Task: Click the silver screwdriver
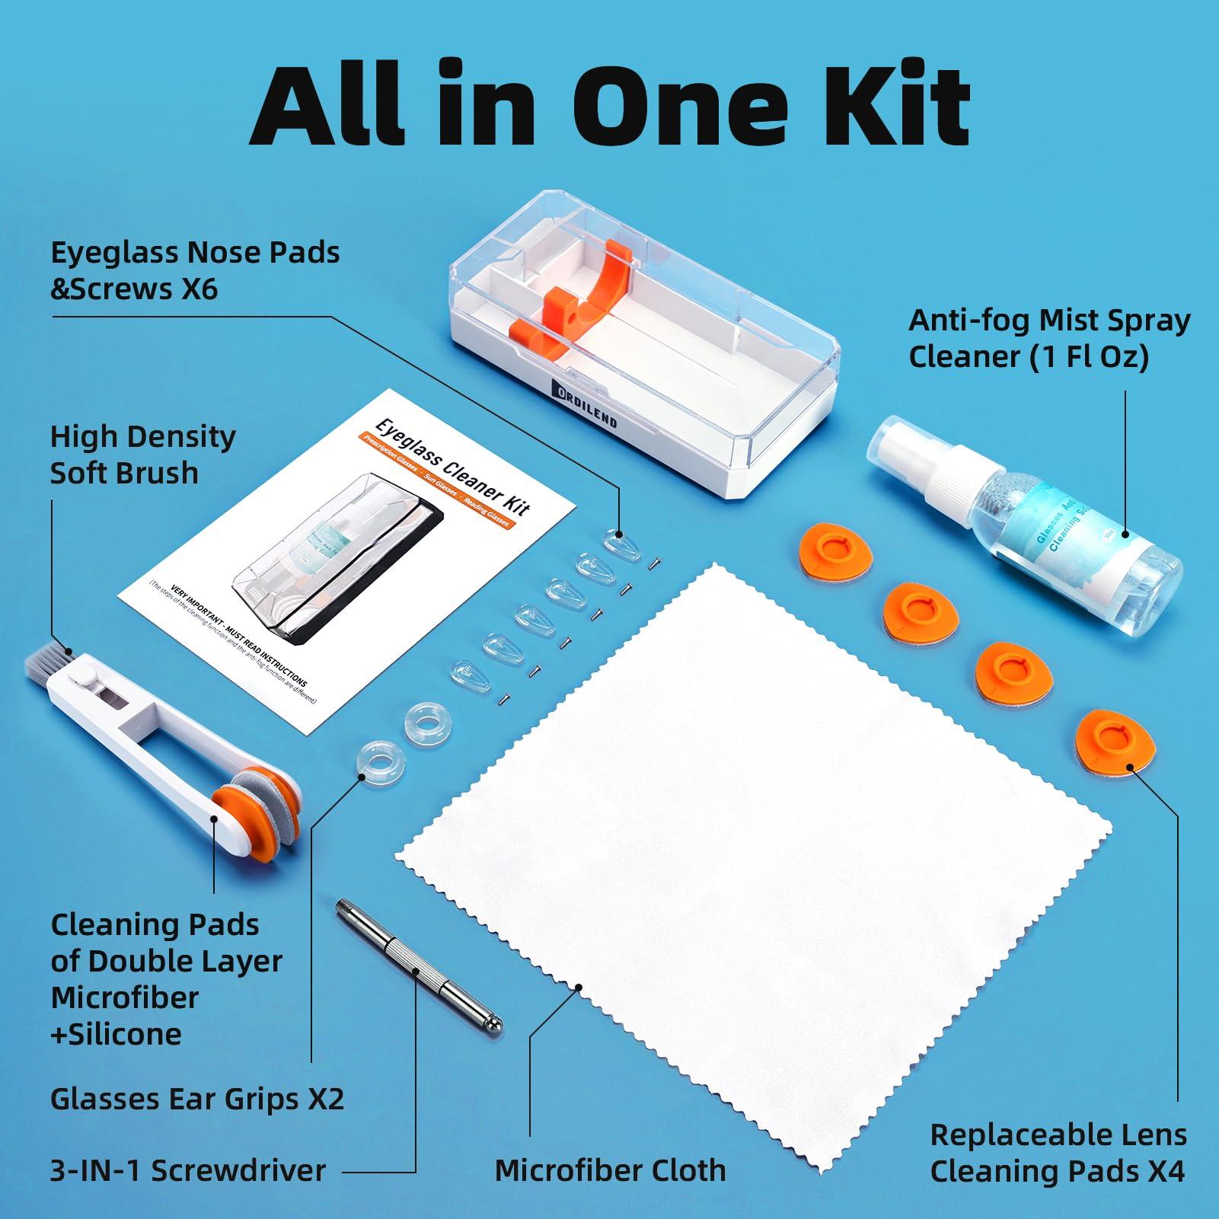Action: click(x=419, y=966)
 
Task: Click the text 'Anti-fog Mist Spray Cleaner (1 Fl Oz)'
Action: click(x=1048, y=339)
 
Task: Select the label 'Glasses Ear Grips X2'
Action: click(x=197, y=1098)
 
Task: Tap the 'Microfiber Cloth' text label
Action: click(x=610, y=1170)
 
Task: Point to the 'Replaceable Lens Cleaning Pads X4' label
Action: click(x=1058, y=1153)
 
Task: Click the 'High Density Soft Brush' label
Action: click(x=142, y=455)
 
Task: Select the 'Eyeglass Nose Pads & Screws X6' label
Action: click(x=195, y=270)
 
